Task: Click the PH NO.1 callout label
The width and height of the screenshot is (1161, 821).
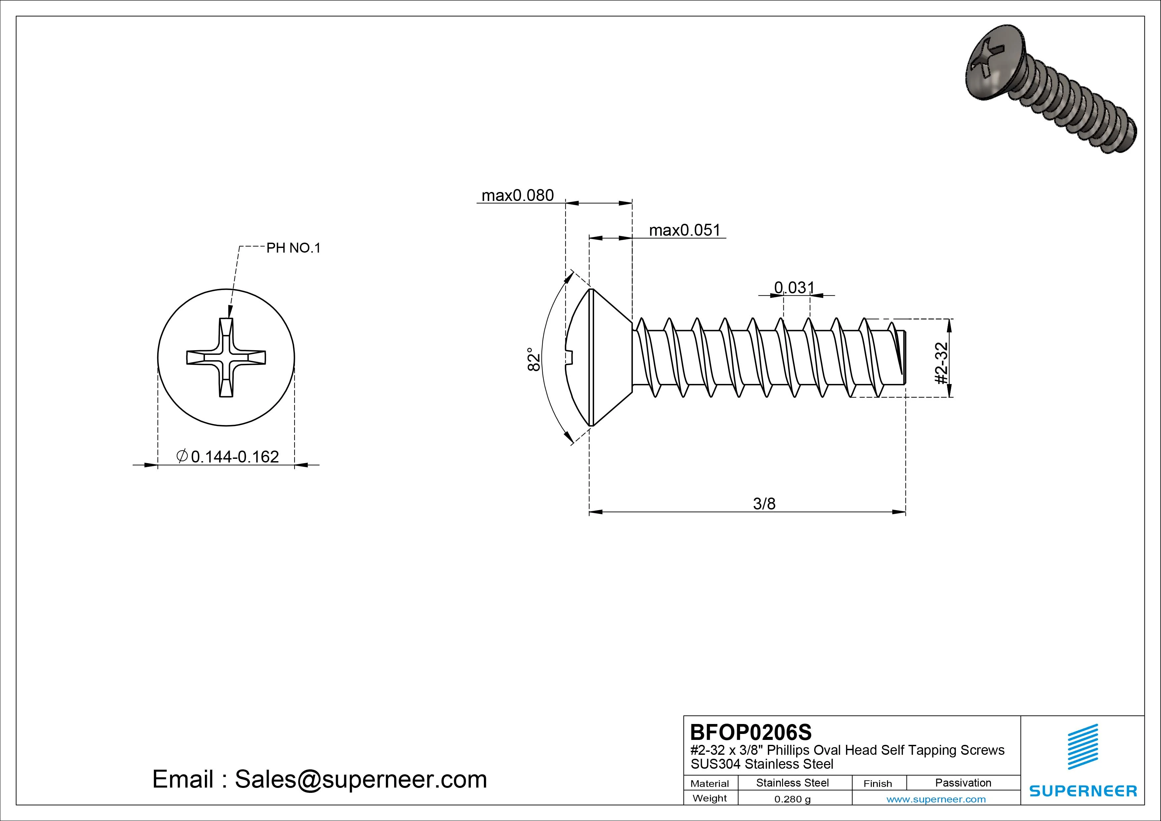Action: (293, 248)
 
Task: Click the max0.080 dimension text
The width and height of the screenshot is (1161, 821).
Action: (517, 195)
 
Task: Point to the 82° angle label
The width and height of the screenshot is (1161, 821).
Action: (534, 359)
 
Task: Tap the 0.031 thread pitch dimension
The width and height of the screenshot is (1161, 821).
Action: (794, 287)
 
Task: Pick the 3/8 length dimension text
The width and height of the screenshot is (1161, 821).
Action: (764, 504)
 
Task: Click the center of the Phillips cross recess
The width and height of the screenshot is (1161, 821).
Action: (226, 357)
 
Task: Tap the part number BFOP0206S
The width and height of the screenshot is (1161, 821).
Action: (750, 732)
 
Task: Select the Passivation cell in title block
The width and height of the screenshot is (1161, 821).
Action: (963, 783)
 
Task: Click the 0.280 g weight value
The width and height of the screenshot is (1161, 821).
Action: (792, 799)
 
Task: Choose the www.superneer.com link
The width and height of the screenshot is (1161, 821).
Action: (936, 799)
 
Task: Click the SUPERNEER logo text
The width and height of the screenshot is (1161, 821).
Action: (1083, 791)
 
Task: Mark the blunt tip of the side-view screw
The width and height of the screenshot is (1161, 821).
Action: (903, 357)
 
